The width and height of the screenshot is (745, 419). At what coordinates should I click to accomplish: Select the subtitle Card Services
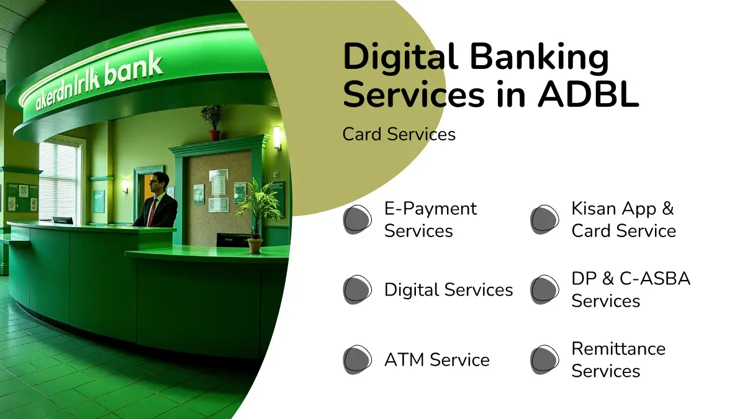pos(399,134)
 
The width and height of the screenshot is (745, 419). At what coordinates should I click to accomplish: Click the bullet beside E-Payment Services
pos(357,220)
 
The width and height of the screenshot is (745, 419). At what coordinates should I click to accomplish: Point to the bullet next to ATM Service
pos(357,359)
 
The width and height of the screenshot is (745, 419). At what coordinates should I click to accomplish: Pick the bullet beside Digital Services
pos(357,289)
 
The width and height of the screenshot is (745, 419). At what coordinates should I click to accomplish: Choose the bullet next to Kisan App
pos(544,220)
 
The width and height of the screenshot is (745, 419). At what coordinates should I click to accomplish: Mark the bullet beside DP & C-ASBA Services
pos(544,289)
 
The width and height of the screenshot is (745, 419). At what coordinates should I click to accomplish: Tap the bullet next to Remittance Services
pos(544,359)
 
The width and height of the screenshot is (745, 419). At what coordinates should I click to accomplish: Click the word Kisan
pos(594,209)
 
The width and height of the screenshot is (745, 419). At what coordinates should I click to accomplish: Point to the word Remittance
pos(618,348)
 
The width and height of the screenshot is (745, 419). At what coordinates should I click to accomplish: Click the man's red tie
pos(152,212)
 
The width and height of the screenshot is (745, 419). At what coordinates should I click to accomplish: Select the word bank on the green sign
pos(133,70)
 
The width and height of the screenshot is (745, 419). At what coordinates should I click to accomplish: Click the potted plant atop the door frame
pos(212,122)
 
